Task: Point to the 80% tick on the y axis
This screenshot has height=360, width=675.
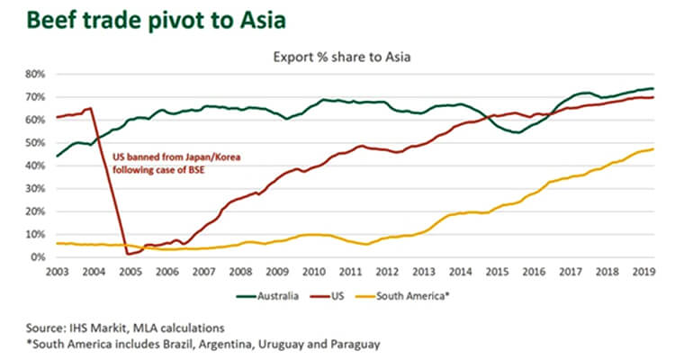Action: pos(38,74)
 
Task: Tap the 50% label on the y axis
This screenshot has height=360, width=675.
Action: pos(38,143)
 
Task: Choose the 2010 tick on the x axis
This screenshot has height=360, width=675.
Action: pos(313,270)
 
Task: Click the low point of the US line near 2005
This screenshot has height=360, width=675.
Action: pos(129,254)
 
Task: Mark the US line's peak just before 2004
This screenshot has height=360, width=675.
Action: pos(91,109)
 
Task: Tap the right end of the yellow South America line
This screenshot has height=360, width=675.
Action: pos(652,149)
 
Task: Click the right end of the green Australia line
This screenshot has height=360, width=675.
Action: pos(652,88)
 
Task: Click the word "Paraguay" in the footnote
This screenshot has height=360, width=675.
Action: pos(352,342)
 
